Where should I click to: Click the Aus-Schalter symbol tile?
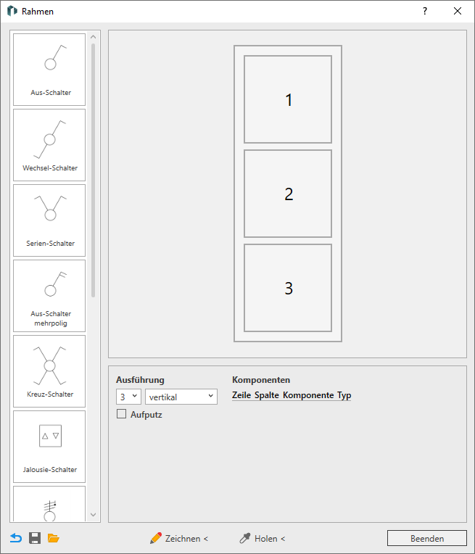click(x=49, y=70)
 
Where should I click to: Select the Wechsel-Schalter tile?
click(x=49, y=145)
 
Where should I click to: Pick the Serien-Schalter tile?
click(x=49, y=220)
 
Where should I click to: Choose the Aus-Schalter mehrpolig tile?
click(x=49, y=296)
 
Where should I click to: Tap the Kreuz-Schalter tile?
click(x=49, y=371)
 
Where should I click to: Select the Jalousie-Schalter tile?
click(x=49, y=447)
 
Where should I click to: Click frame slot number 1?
click(x=288, y=99)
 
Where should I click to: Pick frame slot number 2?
click(x=288, y=194)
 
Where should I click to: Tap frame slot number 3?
click(x=288, y=288)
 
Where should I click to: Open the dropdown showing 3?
click(x=128, y=397)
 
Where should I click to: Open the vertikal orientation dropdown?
click(x=181, y=397)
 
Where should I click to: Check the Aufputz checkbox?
click(x=121, y=414)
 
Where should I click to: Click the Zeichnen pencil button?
click(x=179, y=539)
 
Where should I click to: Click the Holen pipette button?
click(x=263, y=539)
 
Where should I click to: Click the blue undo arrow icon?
click(x=16, y=538)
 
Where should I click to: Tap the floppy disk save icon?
click(x=35, y=538)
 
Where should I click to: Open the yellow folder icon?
click(x=54, y=538)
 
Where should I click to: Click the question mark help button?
click(x=425, y=12)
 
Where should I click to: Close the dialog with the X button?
click(x=458, y=12)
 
